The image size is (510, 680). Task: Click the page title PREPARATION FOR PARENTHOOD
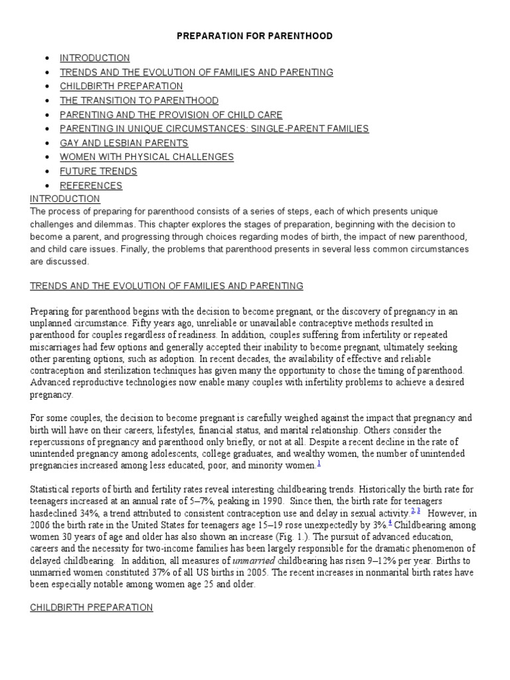click(x=254, y=36)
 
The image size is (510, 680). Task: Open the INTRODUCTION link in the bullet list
click(x=95, y=58)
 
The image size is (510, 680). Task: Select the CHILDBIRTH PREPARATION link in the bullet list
click(x=122, y=86)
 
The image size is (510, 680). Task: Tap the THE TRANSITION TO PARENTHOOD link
click(x=139, y=100)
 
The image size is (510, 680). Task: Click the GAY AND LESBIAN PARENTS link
click(x=124, y=143)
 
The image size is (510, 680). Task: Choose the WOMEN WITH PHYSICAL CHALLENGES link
click(x=147, y=157)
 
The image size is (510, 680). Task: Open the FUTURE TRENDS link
click(x=98, y=171)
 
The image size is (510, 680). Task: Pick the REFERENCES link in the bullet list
click(x=91, y=185)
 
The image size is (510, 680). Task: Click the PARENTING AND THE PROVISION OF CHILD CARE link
click(x=171, y=115)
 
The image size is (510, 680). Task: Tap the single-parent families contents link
click(x=214, y=129)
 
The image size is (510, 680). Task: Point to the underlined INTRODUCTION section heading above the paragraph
click(x=65, y=199)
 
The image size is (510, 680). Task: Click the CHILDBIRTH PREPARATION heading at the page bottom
click(x=92, y=607)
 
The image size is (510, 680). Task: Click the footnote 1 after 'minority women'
click(x=319, y=464)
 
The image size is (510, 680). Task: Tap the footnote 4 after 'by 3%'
click(x=408, y=523)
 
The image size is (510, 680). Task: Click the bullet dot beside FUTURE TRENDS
click(x=46, y=171)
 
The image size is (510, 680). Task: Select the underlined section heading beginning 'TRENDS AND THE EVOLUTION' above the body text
click(x=167, y=286)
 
